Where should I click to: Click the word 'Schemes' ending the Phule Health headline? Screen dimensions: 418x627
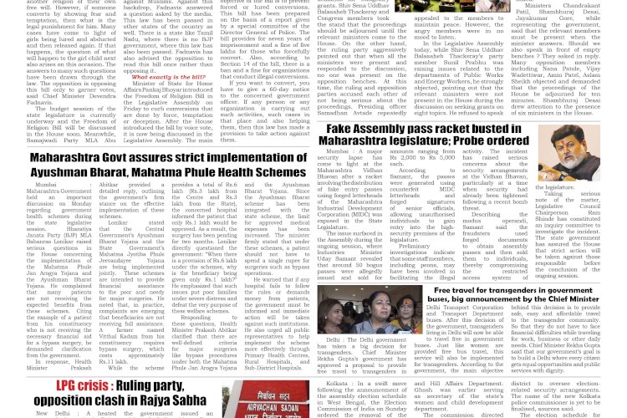click(278, 171)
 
